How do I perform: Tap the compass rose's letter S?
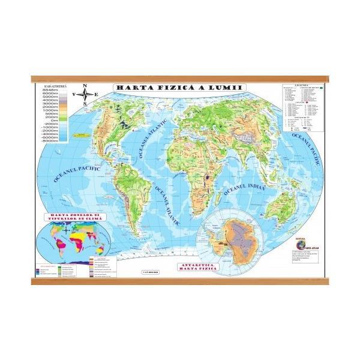[x=85, y=103]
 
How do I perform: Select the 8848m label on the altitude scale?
[x=49, y=90]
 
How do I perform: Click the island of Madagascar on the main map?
[x=217, y=193]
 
